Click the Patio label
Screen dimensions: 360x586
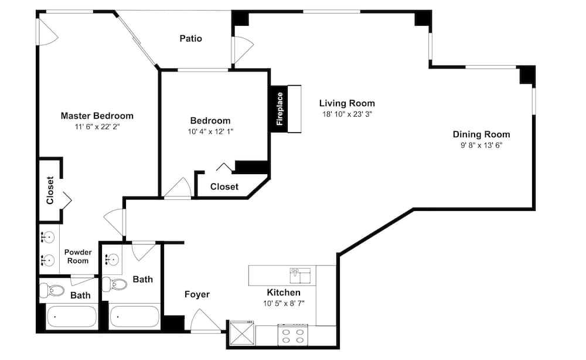[190, 39]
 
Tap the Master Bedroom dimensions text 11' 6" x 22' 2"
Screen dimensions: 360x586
[97, 126]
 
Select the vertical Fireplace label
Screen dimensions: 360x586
[280, 109]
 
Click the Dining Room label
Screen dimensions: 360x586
[481, 134]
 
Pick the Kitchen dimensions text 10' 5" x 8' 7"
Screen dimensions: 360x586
[284, 303]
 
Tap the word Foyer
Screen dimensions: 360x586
[197, 294]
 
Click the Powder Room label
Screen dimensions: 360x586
[78, 256]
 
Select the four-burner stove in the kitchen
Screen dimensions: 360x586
[293, 335]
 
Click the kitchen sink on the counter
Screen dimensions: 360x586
[300, 273]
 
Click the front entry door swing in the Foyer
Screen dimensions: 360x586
[206, 320]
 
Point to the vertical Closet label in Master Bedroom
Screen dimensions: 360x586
[50, 191]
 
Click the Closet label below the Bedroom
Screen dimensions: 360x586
[224, 186]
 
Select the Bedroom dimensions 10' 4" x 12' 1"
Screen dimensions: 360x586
[210, 132]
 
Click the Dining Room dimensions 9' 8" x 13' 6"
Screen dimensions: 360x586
[481, 145]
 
